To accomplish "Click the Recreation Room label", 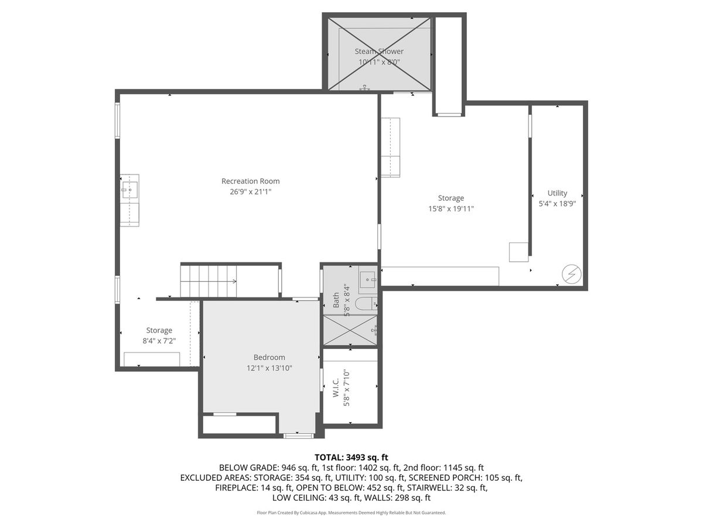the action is click(251, 181).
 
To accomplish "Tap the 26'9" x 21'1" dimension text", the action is click(251, 191).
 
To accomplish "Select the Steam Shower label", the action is click(379, 51).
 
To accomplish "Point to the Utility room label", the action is click(557, 193).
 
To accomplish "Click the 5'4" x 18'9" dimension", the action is click(557, 204).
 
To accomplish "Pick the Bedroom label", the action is click(269, 357).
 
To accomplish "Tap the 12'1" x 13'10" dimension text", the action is click(269, 368).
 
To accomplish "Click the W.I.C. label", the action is click(336, 388).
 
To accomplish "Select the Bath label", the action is click(336, 300).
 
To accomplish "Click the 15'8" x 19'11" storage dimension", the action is click(451, 208).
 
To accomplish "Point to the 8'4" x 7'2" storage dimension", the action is click(159, 341).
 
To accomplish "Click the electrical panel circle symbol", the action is click(572, 274).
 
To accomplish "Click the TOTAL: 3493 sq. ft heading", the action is click(351, 457).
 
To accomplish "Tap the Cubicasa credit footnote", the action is click(351, 512).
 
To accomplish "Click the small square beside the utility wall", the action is click(518, 252).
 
